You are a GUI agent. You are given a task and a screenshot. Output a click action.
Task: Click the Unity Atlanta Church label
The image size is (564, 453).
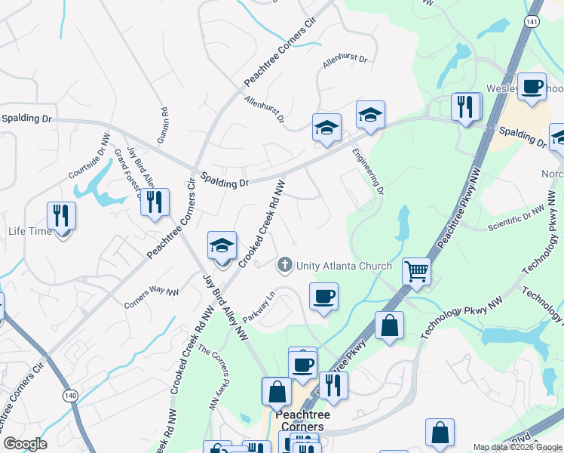pos(343,266)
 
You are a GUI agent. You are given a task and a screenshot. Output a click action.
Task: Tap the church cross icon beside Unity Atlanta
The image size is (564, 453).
pos(285,264)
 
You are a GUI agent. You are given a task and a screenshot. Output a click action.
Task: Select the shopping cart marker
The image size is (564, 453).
pos(416,270)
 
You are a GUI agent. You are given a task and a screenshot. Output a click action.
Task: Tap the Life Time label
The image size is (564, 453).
pos(30,231)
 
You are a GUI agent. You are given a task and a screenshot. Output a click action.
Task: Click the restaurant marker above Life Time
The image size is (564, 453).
pos(61,215)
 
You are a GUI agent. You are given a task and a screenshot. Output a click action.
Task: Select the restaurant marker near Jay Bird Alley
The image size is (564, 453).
pos(155,202)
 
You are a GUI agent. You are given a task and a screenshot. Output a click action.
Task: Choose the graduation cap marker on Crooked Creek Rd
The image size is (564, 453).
pos(222,246)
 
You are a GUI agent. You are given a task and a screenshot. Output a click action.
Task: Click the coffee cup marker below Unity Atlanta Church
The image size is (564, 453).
pos(323,296)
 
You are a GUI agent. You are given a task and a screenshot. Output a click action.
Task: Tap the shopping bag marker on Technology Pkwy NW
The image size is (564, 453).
pos(389,325)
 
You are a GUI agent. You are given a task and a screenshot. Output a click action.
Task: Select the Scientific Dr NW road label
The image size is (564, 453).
pos(516,217)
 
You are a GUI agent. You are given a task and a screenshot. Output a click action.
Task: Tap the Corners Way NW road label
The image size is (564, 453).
pos(152,297)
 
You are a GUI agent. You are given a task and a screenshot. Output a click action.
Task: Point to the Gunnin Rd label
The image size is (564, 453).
pos(164,122)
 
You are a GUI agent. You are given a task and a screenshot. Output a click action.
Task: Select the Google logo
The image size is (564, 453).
pos(24,444)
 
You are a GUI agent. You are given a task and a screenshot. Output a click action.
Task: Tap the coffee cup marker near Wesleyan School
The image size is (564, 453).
pos(531,86)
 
